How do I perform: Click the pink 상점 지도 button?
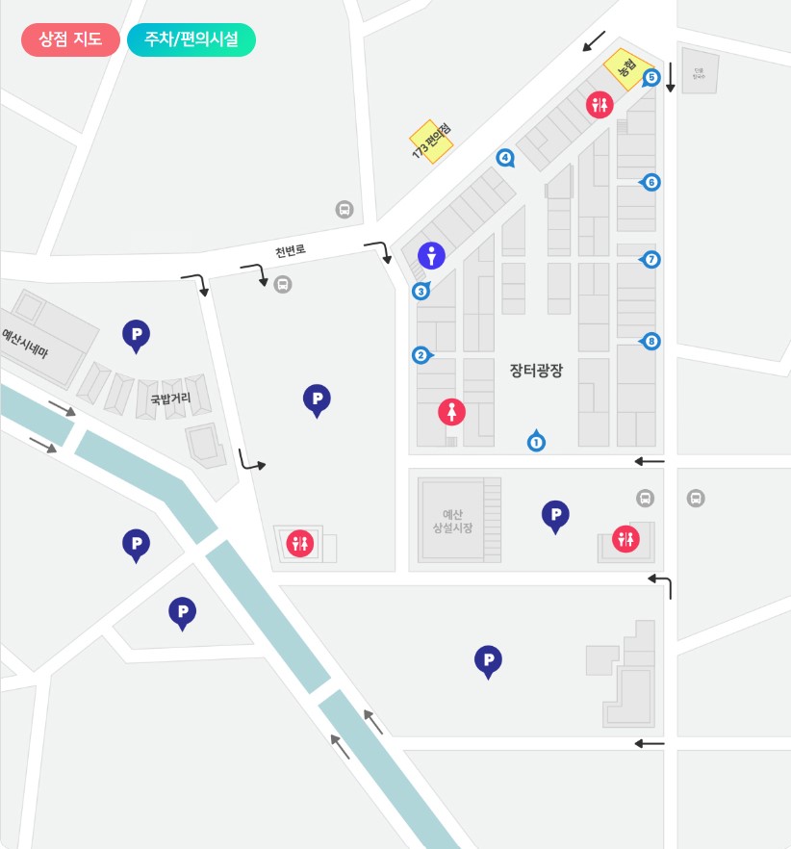pyautogui.click(x=70, y=39)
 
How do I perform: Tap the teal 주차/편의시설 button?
pyautogui.click(x=191, y=39)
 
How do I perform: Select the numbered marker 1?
pyautogui.click(x=537, y=442)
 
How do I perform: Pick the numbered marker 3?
pyautogui.click(x=420, y=291)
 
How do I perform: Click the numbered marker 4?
pyautogui.click(x=504, y=157)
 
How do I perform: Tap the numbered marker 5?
pyautogui.click(x=651, y=77)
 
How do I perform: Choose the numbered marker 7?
pyautogui.click(x=652, y=259)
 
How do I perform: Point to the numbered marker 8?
pyautogui.click(x=652, y=341)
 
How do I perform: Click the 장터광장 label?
pyautogui.click(x=536, y=369)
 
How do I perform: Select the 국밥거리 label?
pyautogui.click(x=169, y=398)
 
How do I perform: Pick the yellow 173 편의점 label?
pyautogui.click(x=432, y=141)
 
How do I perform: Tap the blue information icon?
pyautogui.click(x=432, y=255)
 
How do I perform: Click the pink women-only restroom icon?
pyautogui.click(x=451, y=411)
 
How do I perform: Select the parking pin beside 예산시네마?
pyautogui.click(x=136, y=334)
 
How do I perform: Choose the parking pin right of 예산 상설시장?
pyautogui.click(x=555, y=515)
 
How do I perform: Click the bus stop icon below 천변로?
pyautogui.click(x=283, y=284)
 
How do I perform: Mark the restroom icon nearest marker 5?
pyautogui.click(x=600, y=105)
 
